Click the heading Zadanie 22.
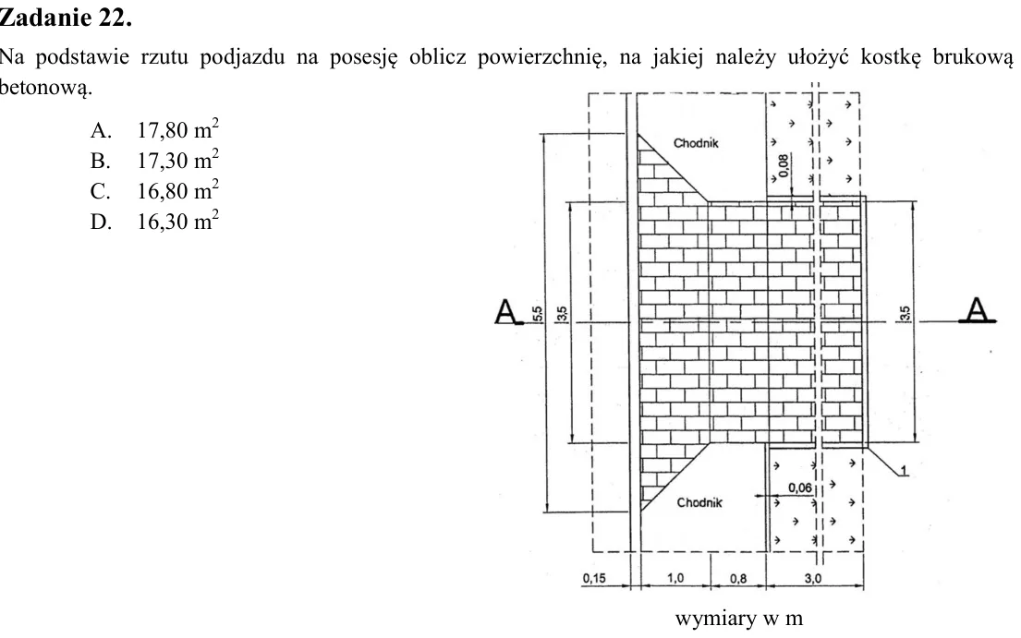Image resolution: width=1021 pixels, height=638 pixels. tap(66, 18)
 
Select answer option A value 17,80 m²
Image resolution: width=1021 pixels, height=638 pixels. tap(177, 129)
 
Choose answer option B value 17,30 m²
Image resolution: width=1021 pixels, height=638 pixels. tap(177, 160)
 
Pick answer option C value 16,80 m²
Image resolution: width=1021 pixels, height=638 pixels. tap(177, 190)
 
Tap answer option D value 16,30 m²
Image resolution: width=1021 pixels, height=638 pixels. tap(177, 221)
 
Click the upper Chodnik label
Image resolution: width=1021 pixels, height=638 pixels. tap(696, 143)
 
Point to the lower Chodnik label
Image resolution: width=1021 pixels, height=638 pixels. tap(699, 502)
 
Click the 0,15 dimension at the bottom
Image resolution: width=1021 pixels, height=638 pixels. tap(594, 578)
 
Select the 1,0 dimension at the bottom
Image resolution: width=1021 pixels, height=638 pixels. tap(675, 578)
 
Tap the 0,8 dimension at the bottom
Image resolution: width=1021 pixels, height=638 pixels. tap(737, 578)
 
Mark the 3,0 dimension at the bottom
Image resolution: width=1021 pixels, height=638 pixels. tap(812, 578)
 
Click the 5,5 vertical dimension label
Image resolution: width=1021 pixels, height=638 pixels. tap(538, 314)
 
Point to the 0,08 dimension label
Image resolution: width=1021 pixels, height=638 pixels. tap(784, 166)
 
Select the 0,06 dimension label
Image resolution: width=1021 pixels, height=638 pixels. tap(800, 488)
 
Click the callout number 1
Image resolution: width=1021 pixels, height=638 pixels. tap(904, 470)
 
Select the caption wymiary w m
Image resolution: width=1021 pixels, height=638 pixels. tap(739, 618)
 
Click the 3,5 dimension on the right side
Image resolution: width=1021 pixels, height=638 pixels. tap(906, 314)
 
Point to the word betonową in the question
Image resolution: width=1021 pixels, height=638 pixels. tap(46, 87)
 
